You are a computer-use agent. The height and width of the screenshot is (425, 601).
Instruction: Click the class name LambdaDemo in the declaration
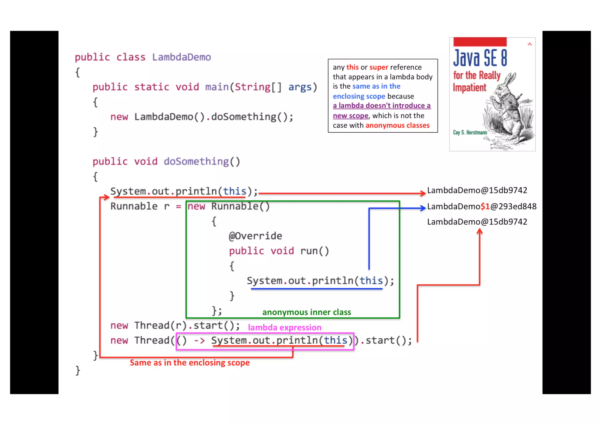181,57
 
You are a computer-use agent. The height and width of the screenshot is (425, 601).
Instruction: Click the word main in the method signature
217,87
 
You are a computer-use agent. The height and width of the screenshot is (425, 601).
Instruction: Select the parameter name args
300,87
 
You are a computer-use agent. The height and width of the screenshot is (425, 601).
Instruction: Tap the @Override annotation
255,236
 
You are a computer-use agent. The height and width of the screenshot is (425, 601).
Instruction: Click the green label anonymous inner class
306,312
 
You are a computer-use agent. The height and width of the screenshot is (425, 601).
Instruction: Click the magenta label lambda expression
284,327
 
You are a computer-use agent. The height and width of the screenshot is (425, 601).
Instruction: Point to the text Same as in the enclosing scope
190,363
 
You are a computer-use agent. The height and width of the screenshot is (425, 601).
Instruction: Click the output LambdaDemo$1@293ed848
482,206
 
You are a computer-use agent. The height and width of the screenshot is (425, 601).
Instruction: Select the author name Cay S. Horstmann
470,132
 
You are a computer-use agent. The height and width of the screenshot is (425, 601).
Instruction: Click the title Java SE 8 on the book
480,58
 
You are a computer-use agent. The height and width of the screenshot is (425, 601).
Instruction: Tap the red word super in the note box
379,67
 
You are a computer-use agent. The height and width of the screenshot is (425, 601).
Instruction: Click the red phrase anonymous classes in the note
397,125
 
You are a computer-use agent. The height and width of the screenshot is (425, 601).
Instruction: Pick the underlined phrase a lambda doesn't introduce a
381,106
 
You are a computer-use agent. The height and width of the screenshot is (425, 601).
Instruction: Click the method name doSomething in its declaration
196,161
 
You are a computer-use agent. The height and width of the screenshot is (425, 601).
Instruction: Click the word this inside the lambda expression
335,340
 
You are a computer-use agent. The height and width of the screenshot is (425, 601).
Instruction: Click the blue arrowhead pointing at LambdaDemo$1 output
423,208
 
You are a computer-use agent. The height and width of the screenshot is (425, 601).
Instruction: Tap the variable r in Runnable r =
167,206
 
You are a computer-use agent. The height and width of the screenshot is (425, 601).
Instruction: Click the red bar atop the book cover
480,42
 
